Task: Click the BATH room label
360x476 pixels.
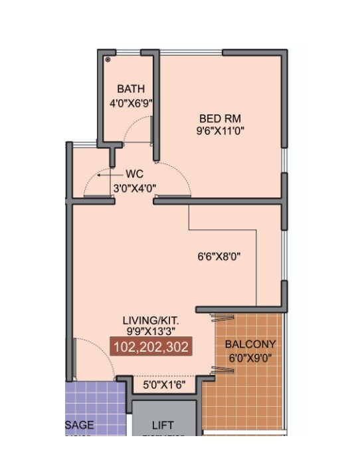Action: point(130,89)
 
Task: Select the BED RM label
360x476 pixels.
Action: point(217,118)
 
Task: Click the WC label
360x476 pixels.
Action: point(134,175)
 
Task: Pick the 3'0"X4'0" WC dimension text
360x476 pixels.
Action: point(134,188)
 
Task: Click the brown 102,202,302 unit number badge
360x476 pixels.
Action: point(151,347)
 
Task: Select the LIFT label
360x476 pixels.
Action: point(163,425)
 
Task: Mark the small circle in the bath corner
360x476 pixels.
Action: point(108,59)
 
